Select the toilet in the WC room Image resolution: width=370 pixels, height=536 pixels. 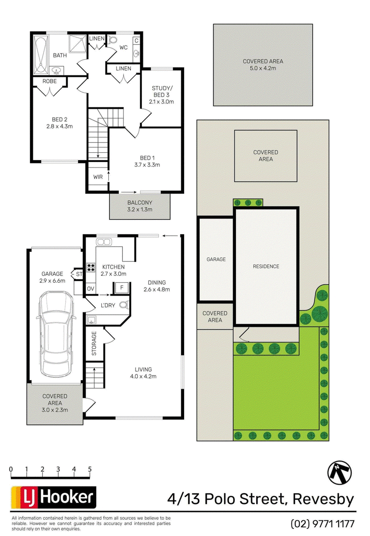(113, 40)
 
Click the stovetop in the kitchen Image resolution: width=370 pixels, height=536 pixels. (91, 267)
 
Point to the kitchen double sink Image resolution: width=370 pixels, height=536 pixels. (102, 242)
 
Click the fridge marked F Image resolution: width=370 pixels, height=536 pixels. (121, 287)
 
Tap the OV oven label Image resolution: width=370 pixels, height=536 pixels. (90, 289)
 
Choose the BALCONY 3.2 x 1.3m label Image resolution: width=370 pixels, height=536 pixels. (140, 206)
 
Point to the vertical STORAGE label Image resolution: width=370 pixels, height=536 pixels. (93, 343)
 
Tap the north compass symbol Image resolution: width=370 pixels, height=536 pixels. (339, 472)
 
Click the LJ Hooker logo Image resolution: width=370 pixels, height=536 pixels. (53, 498)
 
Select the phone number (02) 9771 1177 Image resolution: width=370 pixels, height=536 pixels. (322, 524)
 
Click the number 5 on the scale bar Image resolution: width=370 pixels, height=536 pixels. (90, 469)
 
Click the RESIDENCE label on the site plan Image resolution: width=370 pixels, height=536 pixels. (266, 266)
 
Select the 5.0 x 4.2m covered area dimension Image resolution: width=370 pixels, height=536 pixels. (263, 68)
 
